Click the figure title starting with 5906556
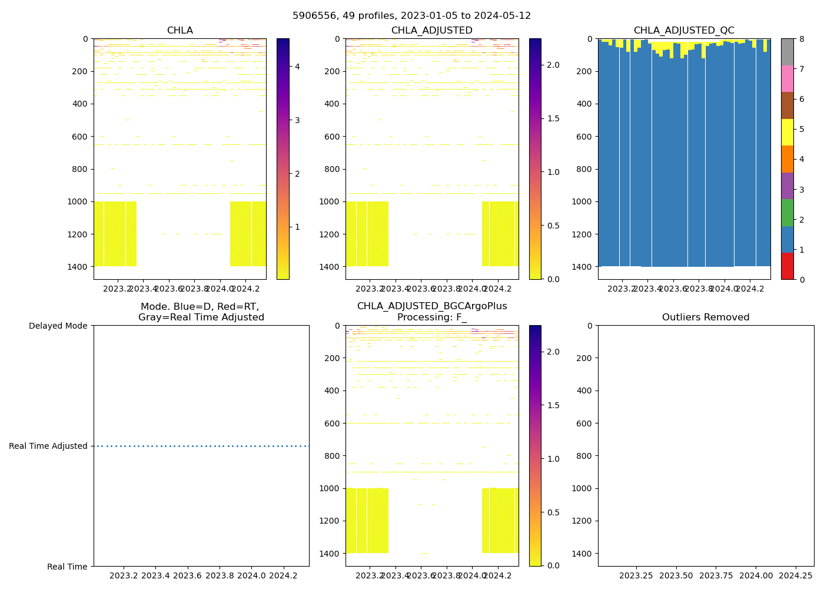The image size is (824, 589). tap(411, 16)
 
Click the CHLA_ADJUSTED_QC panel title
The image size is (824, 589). tap(684, 31)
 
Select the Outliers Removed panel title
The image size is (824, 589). tap(706, 317)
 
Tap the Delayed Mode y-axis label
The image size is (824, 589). tap(58, 326)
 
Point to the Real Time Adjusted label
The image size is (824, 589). tap(48, 446)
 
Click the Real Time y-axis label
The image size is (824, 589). tap(67, 567)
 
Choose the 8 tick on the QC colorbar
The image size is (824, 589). tap(801, 39)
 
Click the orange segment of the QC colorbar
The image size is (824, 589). tap(787, 159)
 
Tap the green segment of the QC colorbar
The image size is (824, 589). tap(787, 213)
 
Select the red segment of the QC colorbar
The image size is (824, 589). tap(787, 266)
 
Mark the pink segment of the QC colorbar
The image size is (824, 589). tap(787, 79)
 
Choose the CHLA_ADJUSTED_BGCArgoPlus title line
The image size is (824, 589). tap(432, 306)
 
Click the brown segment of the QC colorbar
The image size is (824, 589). tap(787, 105)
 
